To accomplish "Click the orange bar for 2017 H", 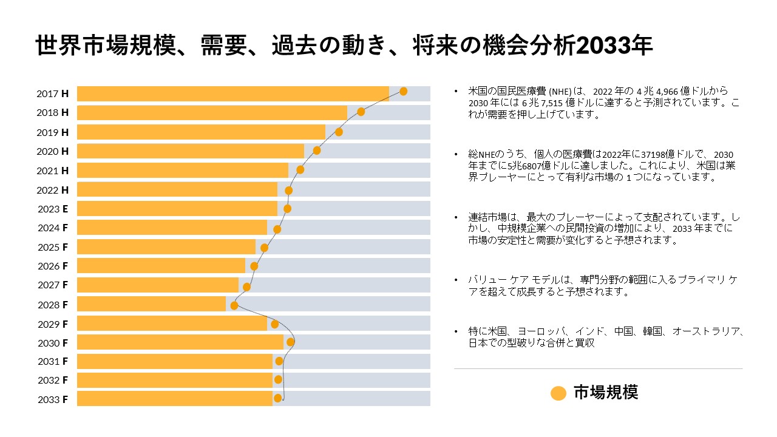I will pos(232,93).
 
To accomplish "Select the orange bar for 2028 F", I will pos(151,304).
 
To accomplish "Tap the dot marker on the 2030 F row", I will pos(290,342).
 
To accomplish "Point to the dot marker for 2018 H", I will pos(361,112).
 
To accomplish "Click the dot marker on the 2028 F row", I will pos(234,305).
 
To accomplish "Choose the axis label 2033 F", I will pos(53,399).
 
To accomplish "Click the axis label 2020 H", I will pos(53,151).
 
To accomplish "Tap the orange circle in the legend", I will pos(558,393).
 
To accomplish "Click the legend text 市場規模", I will pos(605,393).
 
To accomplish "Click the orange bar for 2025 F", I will pos(166,247).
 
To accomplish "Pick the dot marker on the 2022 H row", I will pos(288,191).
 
